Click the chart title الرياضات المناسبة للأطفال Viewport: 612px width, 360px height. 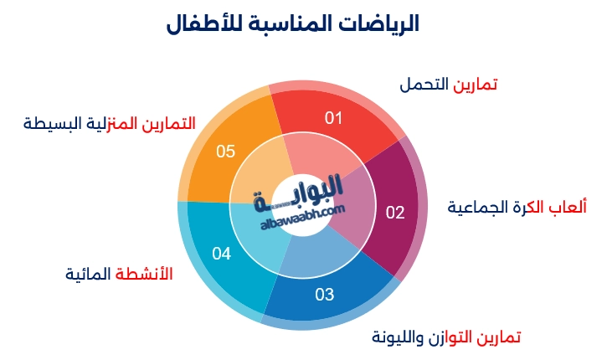[x=305, y=24]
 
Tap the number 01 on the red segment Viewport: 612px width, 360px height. [x=334, y=118]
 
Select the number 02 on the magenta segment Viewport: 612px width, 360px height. [x=394, y=212]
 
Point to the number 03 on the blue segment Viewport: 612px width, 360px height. [x=324, y=294]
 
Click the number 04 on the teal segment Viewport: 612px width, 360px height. [x=221, y=253]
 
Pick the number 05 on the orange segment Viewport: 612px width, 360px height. [x=226, y=152]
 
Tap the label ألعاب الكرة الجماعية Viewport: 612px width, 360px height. [x=517, y=207]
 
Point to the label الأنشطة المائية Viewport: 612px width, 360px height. [x=119, y=274]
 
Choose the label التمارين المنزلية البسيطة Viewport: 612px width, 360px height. [x=110, y=124]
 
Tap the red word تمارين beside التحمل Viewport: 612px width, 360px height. [x=476, y=85]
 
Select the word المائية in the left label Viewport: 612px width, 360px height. [x=89, y=274]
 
